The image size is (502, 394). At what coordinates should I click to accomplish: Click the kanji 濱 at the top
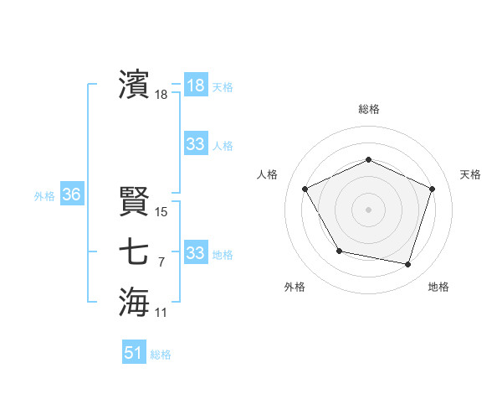[134, 85]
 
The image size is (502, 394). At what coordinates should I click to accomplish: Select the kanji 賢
[134, 201]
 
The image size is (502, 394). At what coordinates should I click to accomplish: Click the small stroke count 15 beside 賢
[161, 212]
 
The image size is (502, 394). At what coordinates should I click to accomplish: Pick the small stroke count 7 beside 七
[161, 262]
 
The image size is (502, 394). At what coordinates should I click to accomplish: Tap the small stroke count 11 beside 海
[161, 313]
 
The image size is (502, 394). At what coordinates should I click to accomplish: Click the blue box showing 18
[195, 85]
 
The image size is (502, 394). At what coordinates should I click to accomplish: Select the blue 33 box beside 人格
[195, 144]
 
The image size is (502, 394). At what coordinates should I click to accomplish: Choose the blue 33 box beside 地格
[195, 252]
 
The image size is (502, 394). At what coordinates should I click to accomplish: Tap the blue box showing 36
[71, 195]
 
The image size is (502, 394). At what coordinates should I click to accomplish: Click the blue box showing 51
[133, 353]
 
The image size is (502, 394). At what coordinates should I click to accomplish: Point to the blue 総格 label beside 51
[161, 355]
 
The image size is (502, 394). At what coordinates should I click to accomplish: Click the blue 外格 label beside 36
[44, 196]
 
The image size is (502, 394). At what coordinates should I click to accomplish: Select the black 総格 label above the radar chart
[368, 109]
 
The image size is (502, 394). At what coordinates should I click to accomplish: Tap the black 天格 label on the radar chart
[470, 174]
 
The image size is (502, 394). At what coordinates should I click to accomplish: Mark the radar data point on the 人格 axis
[305, 189]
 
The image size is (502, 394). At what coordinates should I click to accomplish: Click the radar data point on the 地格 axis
[407, 264]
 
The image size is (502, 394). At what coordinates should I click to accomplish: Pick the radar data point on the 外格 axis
[339, 251]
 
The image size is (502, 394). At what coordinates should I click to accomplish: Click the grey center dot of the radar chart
[368, 210]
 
